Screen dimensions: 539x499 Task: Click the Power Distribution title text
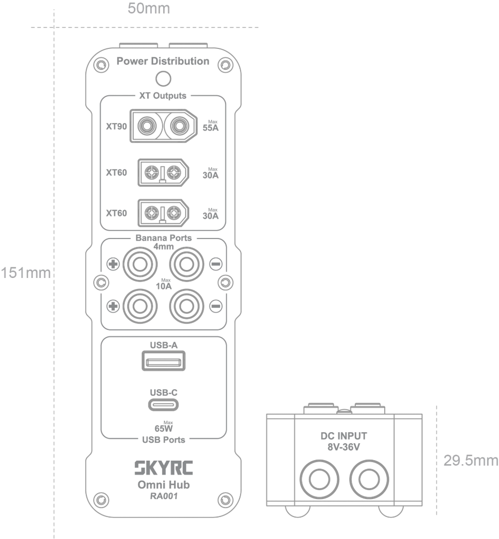pos(163,62)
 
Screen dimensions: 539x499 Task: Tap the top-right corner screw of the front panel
pos(228,65)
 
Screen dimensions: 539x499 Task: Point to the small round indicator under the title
pos(161,78)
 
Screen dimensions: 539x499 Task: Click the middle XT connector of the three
pos(163,172)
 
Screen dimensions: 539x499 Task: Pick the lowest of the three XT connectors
pos(163,213)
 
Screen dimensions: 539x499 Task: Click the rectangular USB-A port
pos(163,359)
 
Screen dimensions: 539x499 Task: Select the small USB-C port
pos(163,398)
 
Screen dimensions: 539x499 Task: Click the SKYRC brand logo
pos(163,469)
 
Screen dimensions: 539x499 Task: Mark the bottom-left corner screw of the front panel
pos(99,501)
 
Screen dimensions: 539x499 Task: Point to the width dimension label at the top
pos(149,8)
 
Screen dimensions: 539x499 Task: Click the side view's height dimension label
pos(470,460)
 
